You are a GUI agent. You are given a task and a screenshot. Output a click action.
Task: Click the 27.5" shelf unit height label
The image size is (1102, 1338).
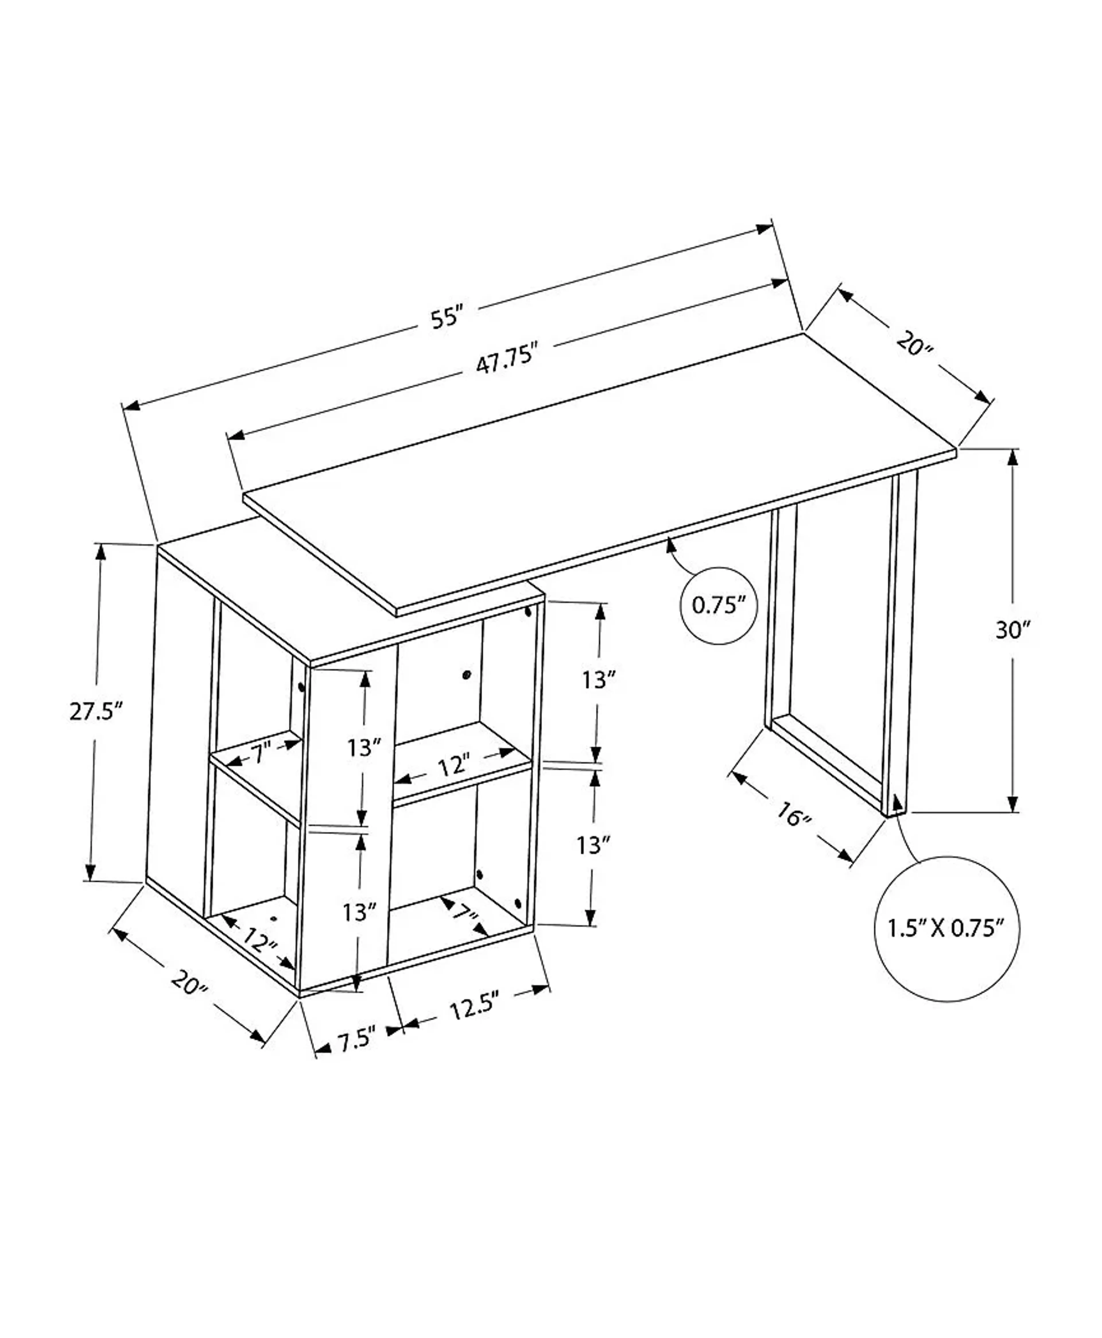tap(95, 711)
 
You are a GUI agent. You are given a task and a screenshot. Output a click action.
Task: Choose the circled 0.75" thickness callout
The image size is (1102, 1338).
tap(718, 605)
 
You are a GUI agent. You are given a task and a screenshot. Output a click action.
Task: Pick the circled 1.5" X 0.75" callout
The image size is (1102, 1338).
tap(946, 928)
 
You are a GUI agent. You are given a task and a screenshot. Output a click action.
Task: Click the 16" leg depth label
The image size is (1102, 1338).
tap(793, 815)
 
